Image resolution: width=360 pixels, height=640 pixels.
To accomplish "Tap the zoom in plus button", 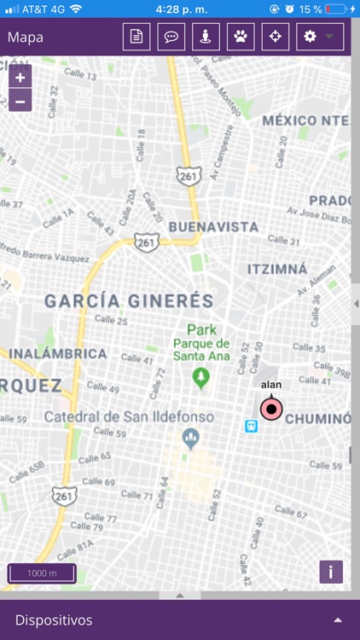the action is pos(20,77).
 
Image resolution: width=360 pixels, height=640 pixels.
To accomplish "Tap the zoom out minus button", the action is pos(20,100).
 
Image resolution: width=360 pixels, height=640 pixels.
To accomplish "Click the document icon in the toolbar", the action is pos(136,38).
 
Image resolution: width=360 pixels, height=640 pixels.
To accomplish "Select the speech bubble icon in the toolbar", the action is pos(171,38).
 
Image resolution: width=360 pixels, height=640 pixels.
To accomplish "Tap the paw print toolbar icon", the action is pos(241,38).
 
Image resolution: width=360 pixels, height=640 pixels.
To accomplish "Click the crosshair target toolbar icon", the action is pos(275,38).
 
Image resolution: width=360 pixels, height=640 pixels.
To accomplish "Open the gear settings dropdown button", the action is pos(320,38).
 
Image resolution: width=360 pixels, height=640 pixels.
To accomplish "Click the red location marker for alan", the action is pos(271,410).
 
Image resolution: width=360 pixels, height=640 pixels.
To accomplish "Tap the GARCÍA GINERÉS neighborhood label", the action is pos(129,301).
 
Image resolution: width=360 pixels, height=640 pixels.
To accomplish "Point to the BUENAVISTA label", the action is pos(213,227).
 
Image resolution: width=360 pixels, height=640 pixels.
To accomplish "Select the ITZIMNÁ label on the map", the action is pos(276,269).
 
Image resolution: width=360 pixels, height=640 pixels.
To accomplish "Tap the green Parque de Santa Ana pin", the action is pos(201,375).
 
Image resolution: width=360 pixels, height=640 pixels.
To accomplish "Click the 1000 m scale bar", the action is pos(42,573).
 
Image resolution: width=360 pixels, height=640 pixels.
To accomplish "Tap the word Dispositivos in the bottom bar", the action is pos(54,620).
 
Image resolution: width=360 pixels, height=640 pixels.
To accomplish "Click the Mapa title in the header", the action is pos(26,38).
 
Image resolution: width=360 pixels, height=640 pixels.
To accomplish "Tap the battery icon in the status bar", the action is pos(336,9).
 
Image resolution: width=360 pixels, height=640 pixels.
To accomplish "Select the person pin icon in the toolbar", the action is pos(206,38).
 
